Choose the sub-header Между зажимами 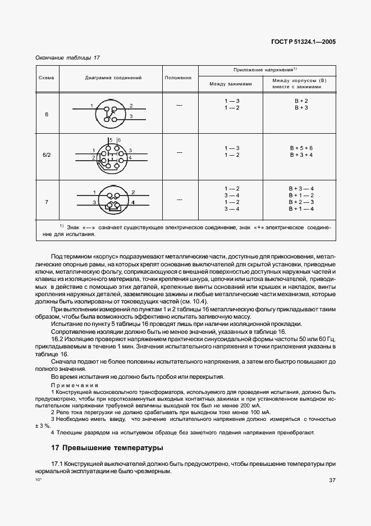click(231, 84)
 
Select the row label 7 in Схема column click(46, 201)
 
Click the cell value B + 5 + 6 click(301, 147)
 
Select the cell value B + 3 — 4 click(301, 188)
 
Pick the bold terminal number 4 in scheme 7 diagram click(133, 201)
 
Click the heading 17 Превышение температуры click(107, 448)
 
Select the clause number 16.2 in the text click(59, 340)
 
